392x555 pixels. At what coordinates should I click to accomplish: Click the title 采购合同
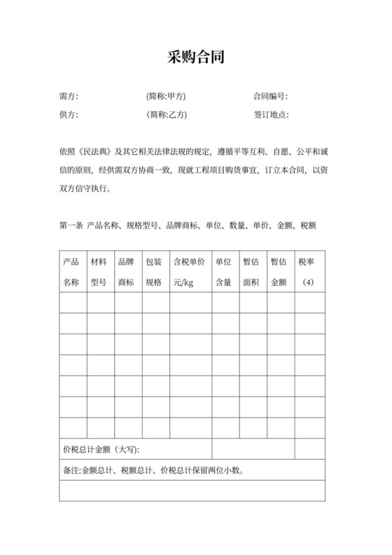[195, 57]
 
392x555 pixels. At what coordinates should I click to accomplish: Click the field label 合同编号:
[270, 97]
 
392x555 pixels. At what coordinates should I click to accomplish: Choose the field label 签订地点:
[270, 115]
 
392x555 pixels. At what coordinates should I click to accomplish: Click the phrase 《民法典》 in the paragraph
[97, 151]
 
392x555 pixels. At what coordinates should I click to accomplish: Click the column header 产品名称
[71, 272]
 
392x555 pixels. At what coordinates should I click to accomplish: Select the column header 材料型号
[99, 272]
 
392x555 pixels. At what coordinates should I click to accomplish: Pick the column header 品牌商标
[127, 272]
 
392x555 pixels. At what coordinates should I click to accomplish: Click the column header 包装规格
[154, 272]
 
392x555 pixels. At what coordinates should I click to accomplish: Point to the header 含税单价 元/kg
[188, 272]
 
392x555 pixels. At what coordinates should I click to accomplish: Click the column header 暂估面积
[251, 272]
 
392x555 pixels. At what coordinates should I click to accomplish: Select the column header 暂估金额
[279, 272]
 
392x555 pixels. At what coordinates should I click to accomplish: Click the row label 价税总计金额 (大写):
[106, 448]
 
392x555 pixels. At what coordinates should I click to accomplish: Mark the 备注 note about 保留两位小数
[153, 470]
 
